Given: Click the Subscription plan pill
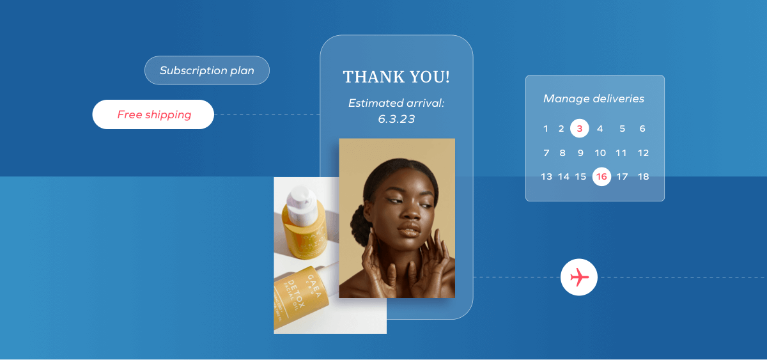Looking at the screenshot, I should point(206,70).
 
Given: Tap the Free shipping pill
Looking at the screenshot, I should point(153,115).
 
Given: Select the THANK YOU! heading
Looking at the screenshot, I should point(396,77).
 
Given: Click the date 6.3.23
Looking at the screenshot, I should point(396,119).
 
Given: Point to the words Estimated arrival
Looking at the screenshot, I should point(396,103).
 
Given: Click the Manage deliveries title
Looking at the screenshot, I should point(594,99).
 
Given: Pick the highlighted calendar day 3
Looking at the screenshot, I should point(579,129).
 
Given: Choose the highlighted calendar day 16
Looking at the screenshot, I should point(601,176).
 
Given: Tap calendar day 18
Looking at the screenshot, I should point(643,176).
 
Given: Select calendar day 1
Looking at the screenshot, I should point(546,129).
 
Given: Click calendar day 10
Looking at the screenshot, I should point(600,153).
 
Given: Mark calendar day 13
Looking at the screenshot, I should point(546,176).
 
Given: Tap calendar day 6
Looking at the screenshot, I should point(642,129).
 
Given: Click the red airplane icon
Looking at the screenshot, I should point(579,278).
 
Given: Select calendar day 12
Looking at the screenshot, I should point(643,153).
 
